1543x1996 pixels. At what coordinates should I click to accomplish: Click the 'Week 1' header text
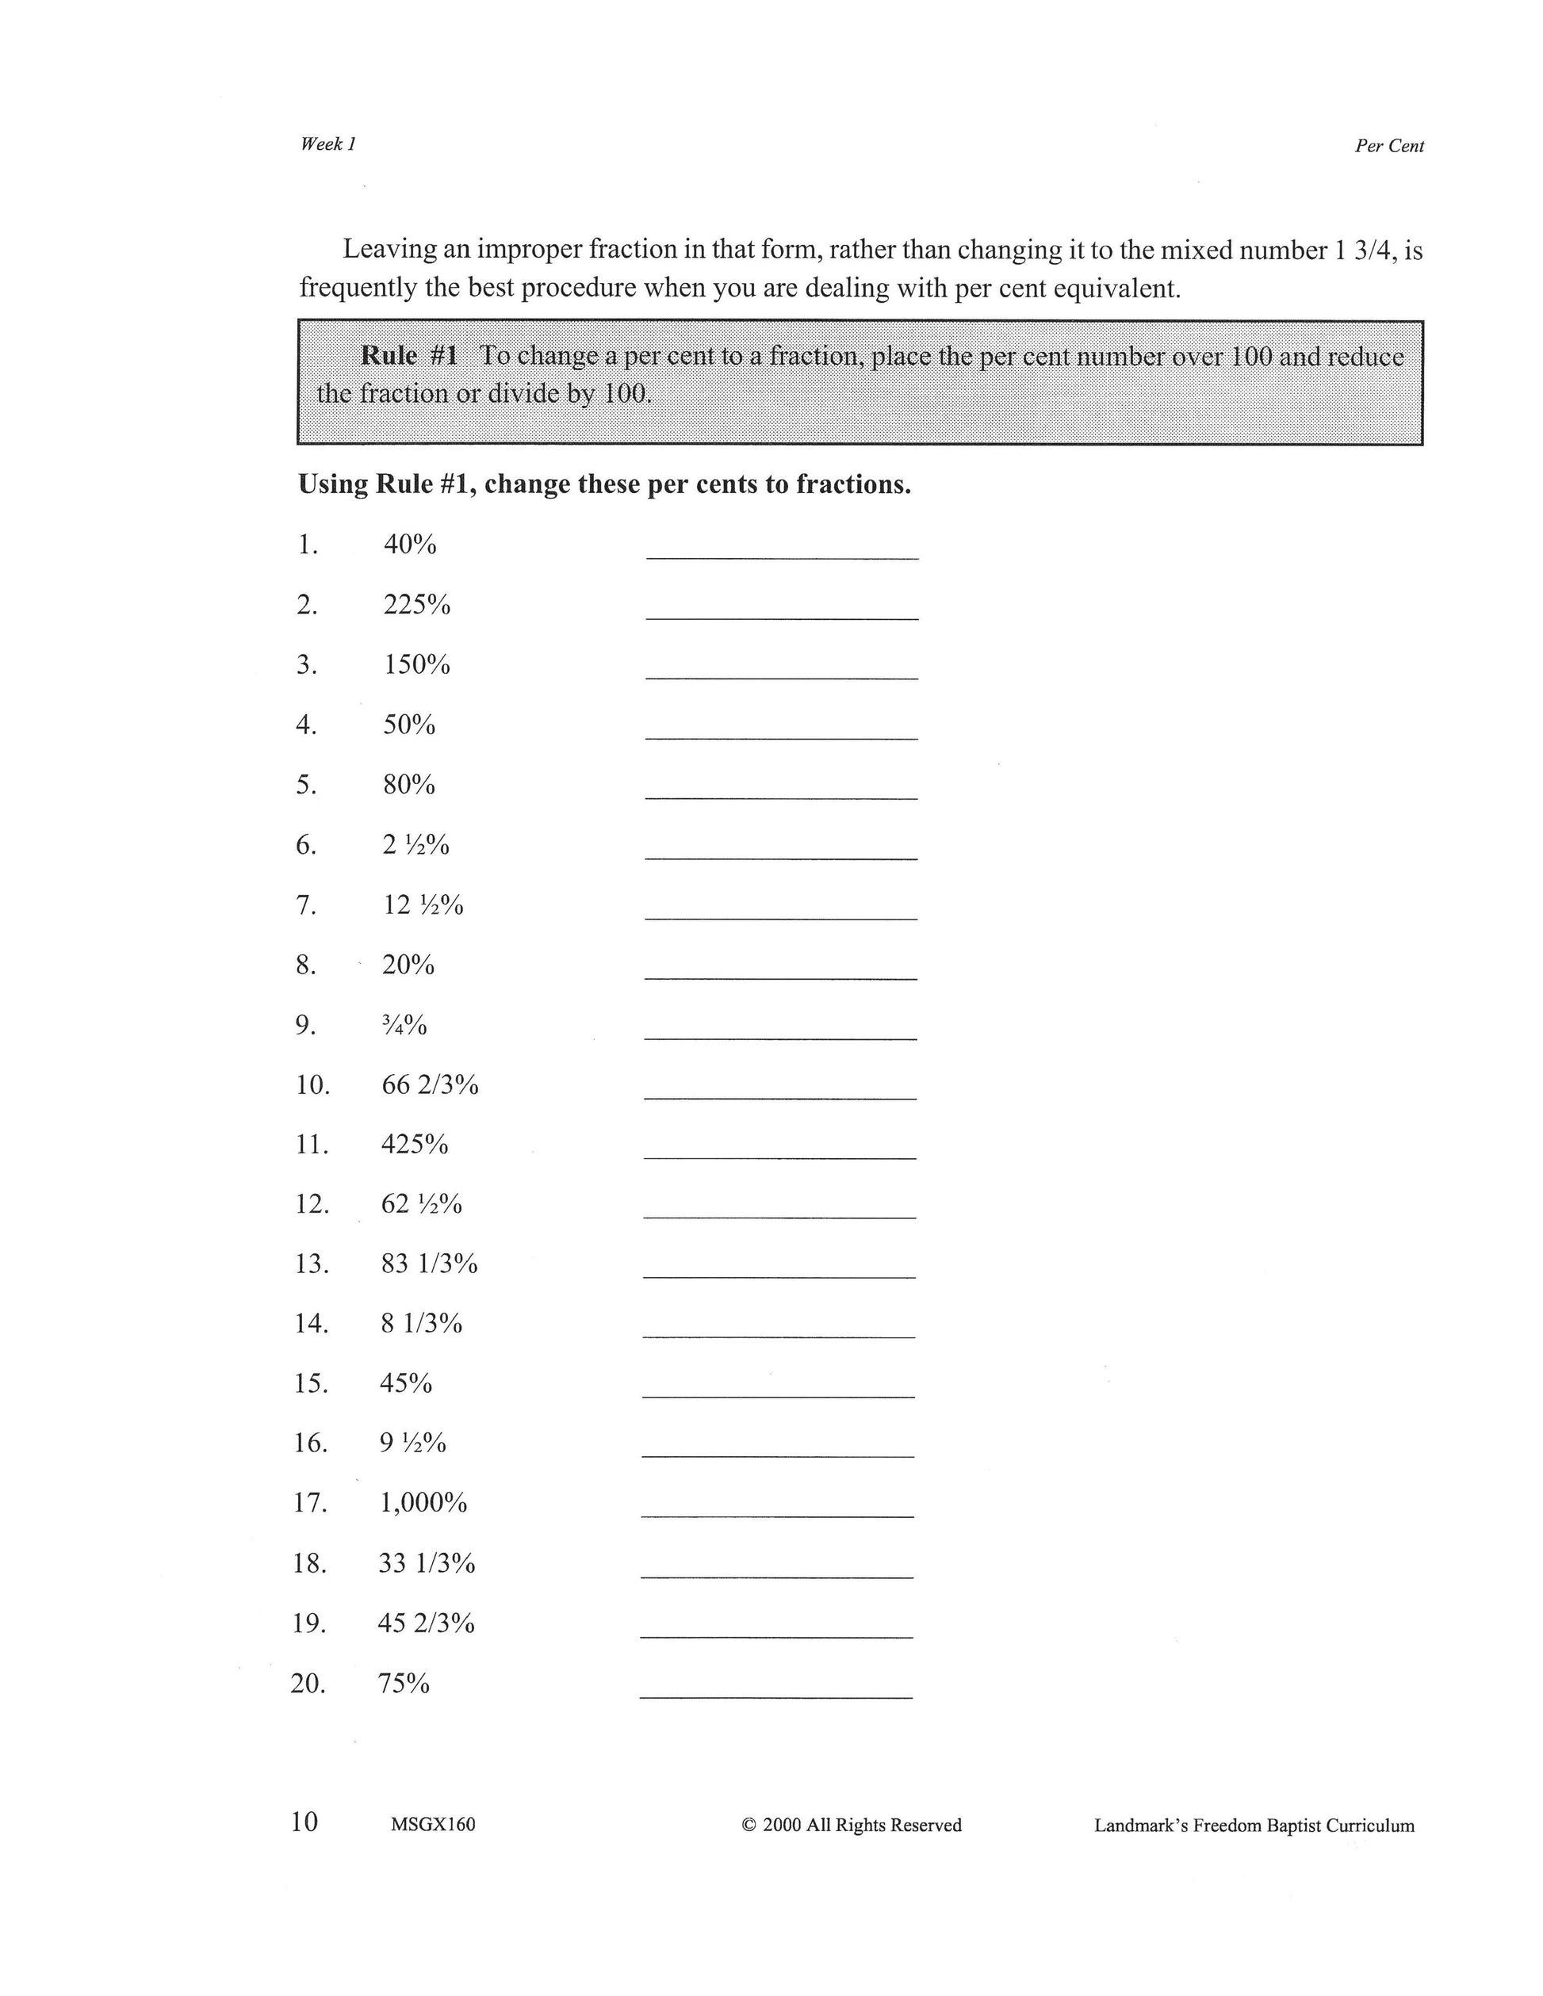pos(327,143)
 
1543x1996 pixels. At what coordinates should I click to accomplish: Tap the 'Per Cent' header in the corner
pos(1388,146)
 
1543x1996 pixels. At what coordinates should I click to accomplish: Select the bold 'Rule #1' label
pos(408,354)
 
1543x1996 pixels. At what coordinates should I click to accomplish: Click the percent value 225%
pos(416,605)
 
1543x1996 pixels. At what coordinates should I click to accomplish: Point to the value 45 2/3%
pos(426,1623)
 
